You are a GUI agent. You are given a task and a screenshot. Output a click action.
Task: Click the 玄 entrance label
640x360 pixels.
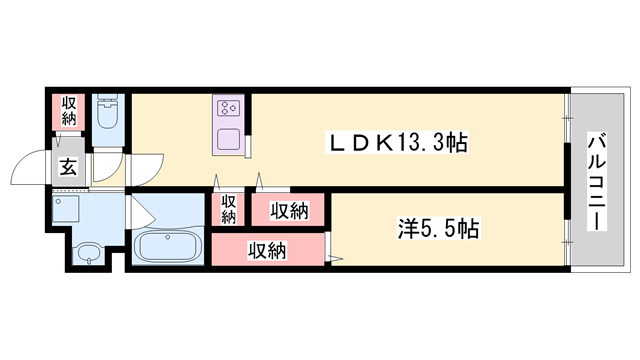[x=69, y=168]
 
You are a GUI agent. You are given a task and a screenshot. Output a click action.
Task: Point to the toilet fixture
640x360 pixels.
[x=107, y=114]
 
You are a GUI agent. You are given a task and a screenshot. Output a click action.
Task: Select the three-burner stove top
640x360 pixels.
[x=227, y=108]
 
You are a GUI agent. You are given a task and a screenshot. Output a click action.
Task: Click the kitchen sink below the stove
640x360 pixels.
[x=227, y=139]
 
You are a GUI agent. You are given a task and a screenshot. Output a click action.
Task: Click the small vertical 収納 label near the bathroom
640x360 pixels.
[x=228, y=209]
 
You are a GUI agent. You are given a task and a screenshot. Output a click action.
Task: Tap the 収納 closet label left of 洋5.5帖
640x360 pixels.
[x=288, y=210]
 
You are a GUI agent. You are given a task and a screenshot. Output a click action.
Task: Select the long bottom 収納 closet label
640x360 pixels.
[x=267, y=250]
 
